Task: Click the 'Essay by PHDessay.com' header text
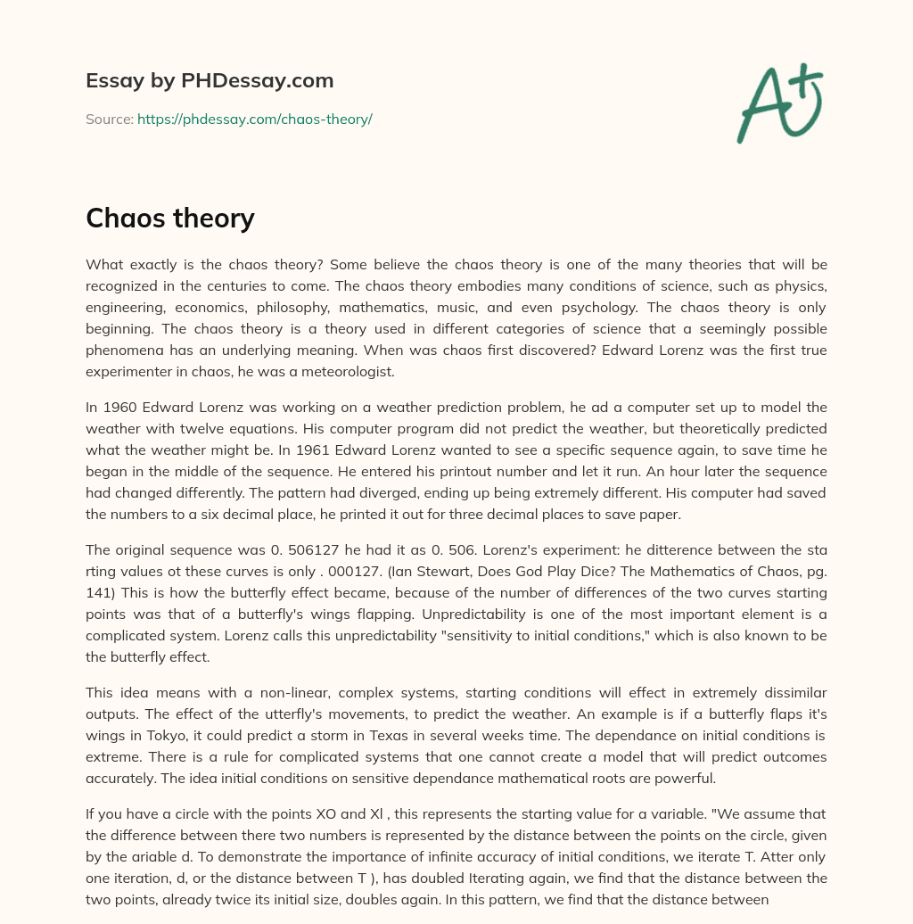tap(210, 81)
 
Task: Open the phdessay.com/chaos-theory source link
tap(254, 119)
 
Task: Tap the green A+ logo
tap(778, 102)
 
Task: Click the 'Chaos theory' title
tap(170, 218)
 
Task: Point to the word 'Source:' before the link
tap(109, 119)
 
